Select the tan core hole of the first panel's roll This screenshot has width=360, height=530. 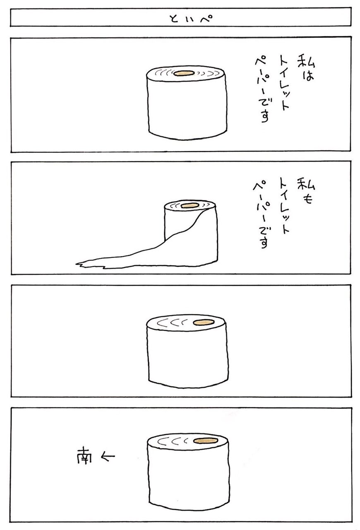pos(184,73)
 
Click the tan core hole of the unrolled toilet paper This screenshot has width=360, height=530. pos(190,206)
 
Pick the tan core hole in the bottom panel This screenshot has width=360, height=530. pos(205,440)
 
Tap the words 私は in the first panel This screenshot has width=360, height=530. pos(306,69)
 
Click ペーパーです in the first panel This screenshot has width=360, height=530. pos(263,89)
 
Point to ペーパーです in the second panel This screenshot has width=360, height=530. pos(262,214)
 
